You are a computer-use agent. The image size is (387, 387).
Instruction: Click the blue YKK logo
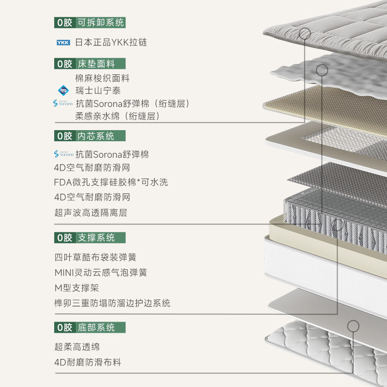[63, 43]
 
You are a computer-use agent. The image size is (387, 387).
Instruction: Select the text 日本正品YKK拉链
[111, 43]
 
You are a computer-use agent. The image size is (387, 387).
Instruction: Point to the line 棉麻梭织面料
[102, 78]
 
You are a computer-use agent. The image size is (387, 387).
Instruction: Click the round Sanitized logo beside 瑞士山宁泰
[63, 90]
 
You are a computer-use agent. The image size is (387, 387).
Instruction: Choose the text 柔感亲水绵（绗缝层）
[118, 116]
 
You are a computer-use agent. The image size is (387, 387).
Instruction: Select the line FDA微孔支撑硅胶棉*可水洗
[111, 182]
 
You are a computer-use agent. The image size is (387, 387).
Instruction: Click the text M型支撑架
[76, 288]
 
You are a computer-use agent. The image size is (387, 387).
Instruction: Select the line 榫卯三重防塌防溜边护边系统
[112, 303]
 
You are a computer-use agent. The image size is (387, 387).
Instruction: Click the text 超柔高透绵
[77, 347]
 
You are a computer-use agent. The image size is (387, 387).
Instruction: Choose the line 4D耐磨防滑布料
[88, 362]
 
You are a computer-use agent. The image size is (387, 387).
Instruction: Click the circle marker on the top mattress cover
[305, 33]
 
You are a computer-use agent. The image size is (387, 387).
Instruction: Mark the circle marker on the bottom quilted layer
[353, 326]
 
